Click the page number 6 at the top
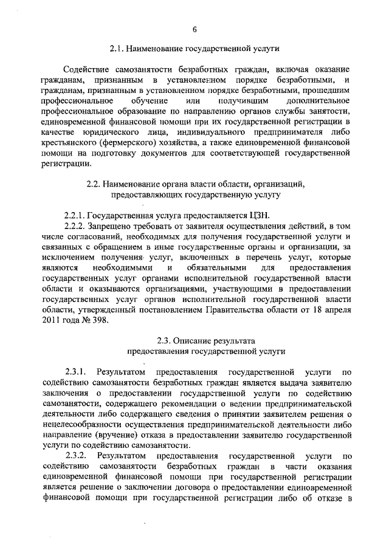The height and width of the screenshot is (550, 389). [x=194, y=28]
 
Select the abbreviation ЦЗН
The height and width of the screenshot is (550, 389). [x=260, y=216]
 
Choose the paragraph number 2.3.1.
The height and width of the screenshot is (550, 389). [x=75, y=371]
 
